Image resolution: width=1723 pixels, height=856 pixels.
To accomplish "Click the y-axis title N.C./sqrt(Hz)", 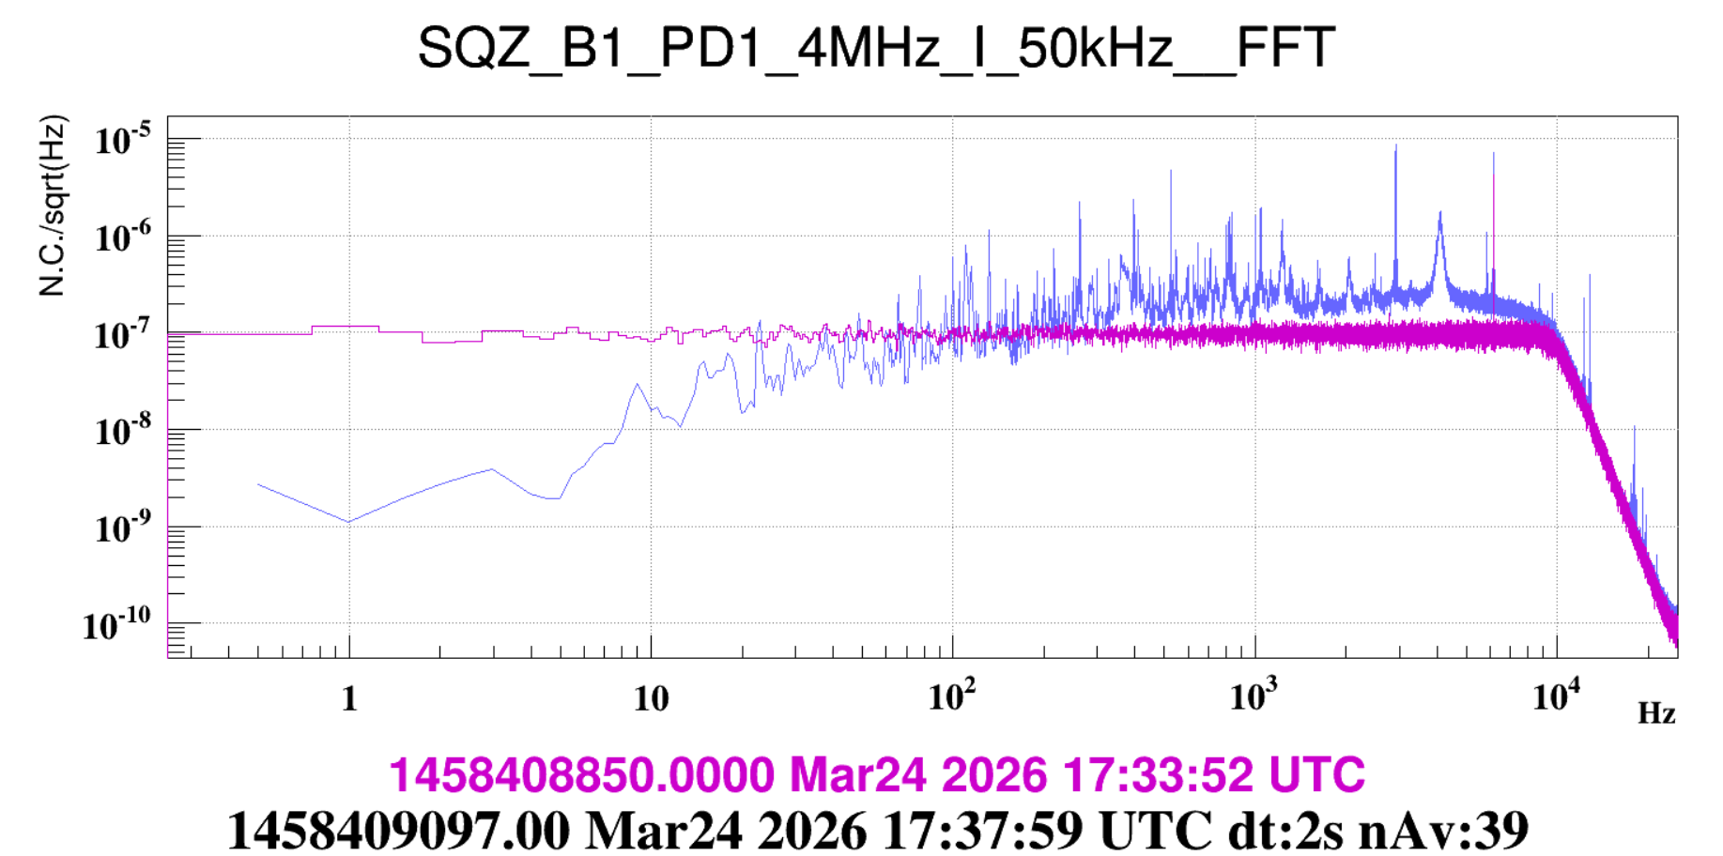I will [x=53, y=206].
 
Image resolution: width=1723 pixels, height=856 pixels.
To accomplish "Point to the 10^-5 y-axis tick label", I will [x=122, y=141].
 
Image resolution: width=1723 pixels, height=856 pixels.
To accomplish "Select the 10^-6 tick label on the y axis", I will [x=122, y=237].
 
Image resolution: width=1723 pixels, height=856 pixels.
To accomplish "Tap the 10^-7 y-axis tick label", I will [x=122, y=334].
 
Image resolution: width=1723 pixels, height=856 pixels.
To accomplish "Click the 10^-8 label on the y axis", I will [x=122, y=431].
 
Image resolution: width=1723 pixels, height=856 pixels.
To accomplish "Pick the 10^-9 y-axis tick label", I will [x=122, y=528].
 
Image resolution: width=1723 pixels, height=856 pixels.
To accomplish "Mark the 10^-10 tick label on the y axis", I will [x=116, y=625].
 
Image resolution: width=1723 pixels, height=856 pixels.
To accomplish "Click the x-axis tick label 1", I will [x=349, y=699].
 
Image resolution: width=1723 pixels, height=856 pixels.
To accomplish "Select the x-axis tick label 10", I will [x=651, y=699].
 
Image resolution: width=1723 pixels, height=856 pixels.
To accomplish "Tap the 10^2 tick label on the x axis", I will [x=952, y=697].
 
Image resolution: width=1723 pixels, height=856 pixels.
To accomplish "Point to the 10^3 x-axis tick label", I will [x=1254, y=697].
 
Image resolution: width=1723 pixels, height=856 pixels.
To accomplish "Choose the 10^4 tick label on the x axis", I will [x=1556, y=697].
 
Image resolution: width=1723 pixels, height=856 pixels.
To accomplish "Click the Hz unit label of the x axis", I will [x=1656, y=714].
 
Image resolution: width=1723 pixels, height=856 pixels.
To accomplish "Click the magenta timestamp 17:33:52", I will [x=1158, y=775].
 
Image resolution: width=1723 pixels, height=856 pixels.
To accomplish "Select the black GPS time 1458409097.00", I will [x=398, y=831].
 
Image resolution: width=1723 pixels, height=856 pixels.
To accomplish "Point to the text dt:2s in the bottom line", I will [x=1285, y=831].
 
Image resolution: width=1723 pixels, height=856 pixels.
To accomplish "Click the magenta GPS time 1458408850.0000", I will [x=581, y=775].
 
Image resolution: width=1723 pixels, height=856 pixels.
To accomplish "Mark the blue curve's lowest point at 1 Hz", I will [x=349, y=522].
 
